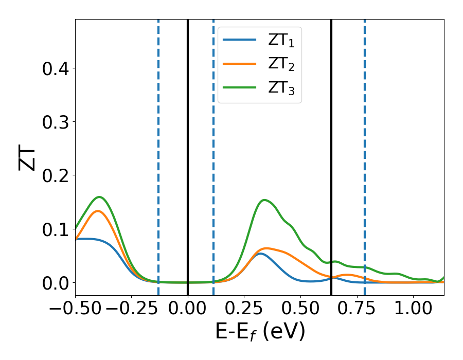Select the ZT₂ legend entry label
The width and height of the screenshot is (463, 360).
tap(281, 64)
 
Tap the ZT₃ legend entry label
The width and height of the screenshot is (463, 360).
tap(281, 87)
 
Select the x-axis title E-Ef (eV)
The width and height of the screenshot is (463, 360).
tap(260, 332)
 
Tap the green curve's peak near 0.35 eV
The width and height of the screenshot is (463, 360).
tap(264, 200)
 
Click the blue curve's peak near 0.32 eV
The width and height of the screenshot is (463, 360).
tap(260, 254)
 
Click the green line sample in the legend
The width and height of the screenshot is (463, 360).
tap(240, 87)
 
